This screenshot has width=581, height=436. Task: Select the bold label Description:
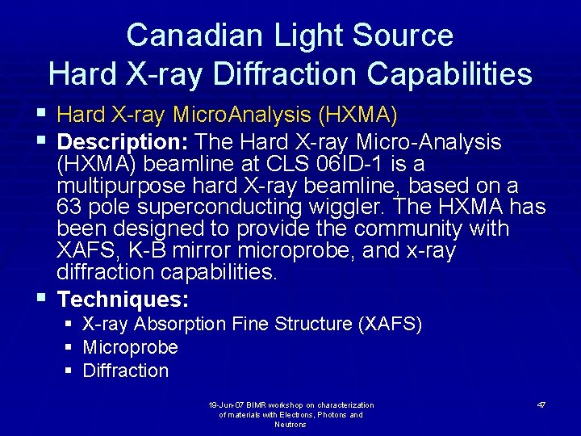(x=123, y=142)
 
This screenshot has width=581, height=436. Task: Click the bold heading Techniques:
(x=123, y=300)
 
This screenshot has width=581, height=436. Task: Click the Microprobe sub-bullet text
(x=130, y=348)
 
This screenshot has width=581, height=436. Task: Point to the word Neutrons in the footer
(x=290, y=425)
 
